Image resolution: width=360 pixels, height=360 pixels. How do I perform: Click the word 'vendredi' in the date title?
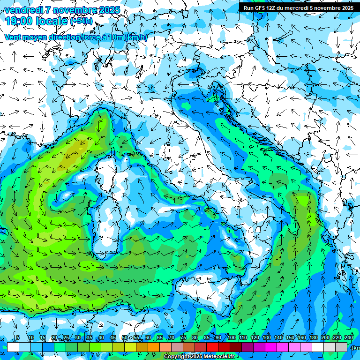[23, 10]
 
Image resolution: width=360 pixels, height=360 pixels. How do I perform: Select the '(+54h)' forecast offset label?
[81, 21]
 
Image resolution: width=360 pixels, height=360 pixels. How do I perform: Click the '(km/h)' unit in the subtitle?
[136, 37]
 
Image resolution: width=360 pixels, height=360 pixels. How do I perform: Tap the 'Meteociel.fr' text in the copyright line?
[219, 357]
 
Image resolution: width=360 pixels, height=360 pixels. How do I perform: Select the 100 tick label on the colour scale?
[231, 338]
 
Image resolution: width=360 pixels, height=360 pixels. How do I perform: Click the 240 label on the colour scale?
[348, 338]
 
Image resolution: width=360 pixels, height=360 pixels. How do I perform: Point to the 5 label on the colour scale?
[18, 338]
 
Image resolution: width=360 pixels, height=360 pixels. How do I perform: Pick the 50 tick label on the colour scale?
[124, 338]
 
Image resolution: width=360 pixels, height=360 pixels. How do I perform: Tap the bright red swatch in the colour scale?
[212, 347]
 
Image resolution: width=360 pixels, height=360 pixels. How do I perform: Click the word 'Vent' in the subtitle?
[13, 37]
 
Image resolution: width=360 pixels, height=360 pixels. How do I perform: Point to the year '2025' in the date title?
[109, 10]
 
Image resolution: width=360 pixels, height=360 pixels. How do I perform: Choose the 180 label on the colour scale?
[313, 338]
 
